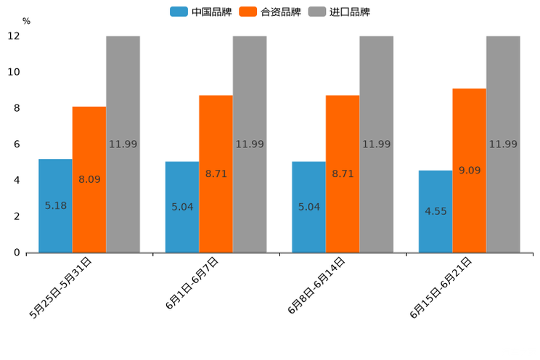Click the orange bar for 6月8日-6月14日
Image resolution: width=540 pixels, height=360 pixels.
coord(343,218)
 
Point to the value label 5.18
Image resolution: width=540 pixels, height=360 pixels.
coord(56,205)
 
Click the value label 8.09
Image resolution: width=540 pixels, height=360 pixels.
coord(89,179)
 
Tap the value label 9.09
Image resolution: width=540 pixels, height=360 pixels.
coord(469,171)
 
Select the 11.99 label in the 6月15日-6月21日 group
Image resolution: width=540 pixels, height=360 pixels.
coord(503,144)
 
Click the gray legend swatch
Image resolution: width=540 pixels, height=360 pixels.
coord(316,12)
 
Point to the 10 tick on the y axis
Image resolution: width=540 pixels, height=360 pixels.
coord(15,72)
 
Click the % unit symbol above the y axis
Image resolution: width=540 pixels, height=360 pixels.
coord(26,21)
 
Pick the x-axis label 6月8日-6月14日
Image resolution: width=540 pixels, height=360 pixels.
coord(316,285)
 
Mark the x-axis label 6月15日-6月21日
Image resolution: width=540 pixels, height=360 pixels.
coord(441,287)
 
